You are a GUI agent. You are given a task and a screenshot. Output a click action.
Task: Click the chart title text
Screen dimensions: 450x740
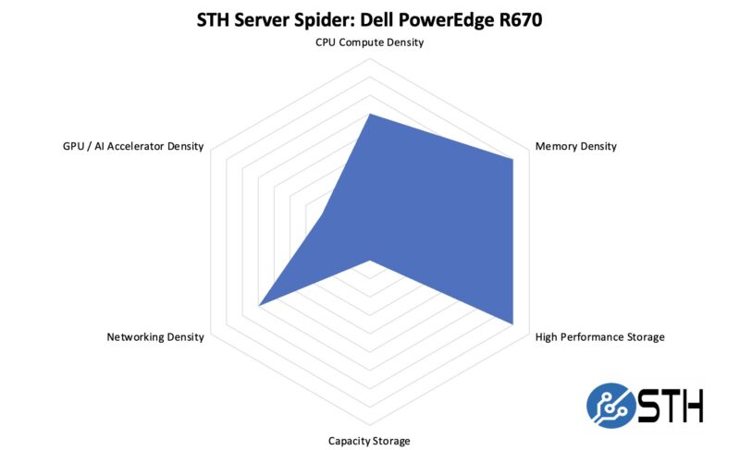click(369, 19)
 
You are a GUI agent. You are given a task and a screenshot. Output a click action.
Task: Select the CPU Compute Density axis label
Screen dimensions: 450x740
click(369, 43)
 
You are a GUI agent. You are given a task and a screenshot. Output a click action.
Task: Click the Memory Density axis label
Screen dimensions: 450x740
click(575, 146)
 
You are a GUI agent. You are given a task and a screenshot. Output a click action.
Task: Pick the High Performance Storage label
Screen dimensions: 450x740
click(599, 337)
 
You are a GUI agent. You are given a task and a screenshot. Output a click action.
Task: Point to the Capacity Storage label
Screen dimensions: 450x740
click(369, 441)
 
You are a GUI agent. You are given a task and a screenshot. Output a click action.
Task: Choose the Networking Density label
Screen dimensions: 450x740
click(155, 337)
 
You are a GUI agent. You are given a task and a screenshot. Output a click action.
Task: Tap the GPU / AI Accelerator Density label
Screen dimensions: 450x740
click(127, 146)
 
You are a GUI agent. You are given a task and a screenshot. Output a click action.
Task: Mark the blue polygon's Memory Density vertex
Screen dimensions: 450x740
click(512, 159)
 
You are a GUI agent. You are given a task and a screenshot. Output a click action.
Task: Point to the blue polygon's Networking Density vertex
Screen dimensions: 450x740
click(258, 305)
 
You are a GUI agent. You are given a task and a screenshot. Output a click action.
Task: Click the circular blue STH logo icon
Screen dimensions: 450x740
click(610, 405)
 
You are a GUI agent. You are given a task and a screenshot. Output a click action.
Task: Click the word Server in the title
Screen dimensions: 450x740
click(253, 19)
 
